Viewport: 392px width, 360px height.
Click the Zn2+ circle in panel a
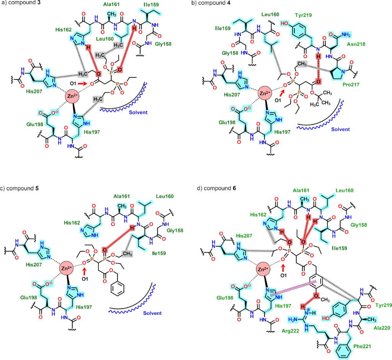point(72,96)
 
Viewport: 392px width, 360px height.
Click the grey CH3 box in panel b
point(302,63)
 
